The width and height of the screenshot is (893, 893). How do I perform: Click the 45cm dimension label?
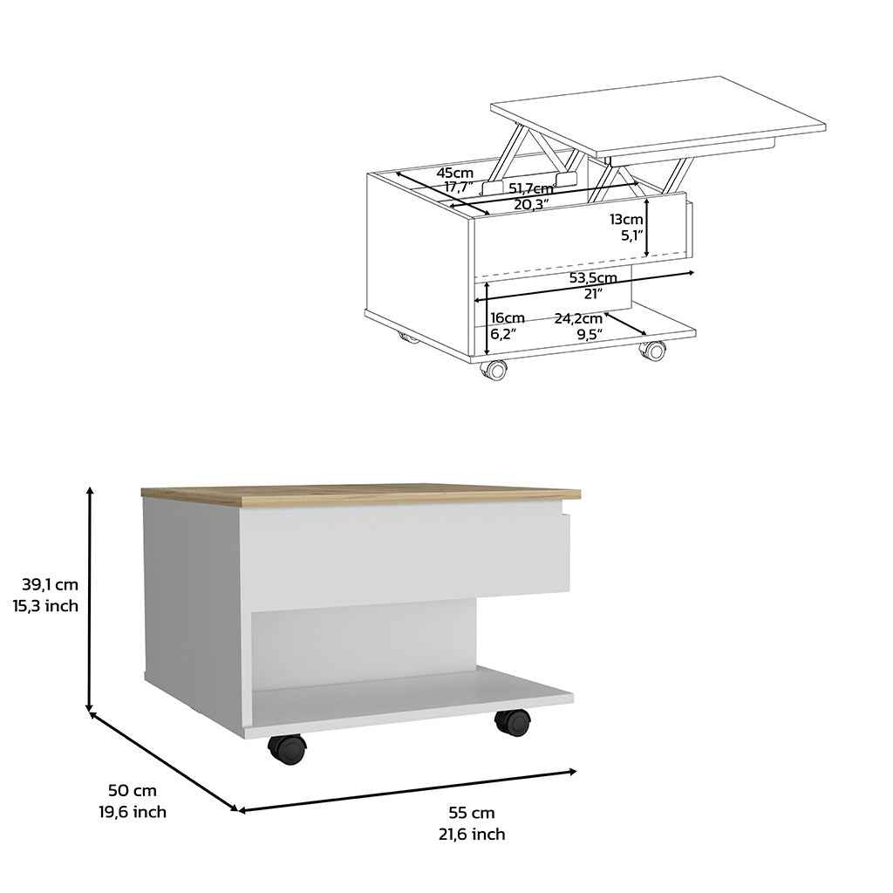[x=455, y=173]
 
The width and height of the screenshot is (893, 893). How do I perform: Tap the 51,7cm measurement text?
[x=531, y=188]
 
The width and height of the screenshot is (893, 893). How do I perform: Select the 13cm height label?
[x=626, y=219]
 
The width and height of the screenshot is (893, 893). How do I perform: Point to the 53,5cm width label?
[x=593, y=278]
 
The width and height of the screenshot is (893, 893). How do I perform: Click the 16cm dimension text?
[x=507, y=317]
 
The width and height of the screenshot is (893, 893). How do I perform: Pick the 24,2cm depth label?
[x=578, y=317]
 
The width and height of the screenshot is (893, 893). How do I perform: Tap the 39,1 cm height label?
[x=51, y=583]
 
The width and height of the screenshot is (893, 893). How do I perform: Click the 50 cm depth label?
[x=133, y=791]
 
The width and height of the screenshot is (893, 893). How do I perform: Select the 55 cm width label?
[x=471, y=813]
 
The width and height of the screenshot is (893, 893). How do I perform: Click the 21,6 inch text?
[x=471, y=835]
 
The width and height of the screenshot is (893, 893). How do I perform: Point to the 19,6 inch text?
[x=133, y=812]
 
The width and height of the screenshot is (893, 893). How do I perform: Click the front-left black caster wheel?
[x=287, y=748]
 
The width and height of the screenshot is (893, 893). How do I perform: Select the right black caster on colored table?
[x=513, y=721]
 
